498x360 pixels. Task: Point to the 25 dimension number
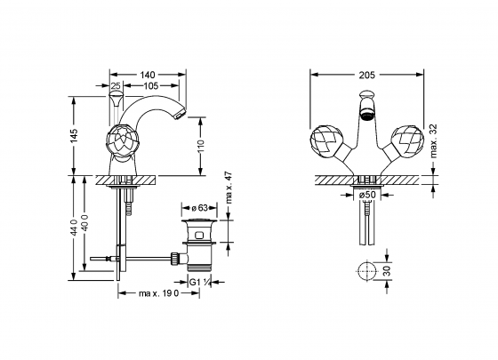pyautogui.click(x=116, y=87)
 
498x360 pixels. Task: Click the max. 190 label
pyautogui.click(x=159, y=294)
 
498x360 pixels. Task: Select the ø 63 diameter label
pyautogui.click(x=199, y=209)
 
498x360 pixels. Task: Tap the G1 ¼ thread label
pyautogui.click(x=201, y=284)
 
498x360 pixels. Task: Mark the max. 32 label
pyautogui.click(x=434, y=140)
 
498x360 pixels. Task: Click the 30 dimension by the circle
pyautogui.click(x=386, y=271)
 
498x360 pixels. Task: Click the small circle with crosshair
pyautogui.click(x=364, y=271)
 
